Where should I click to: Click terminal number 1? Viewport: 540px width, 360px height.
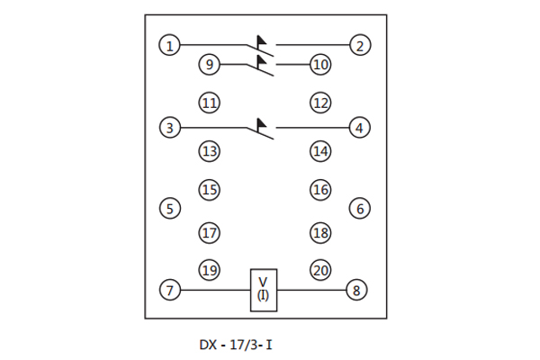pos(169,44)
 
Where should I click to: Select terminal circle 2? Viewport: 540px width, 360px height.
pos(359,44)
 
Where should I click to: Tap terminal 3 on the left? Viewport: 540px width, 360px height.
pos(169,128)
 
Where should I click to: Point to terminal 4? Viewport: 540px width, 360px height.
pos(359,128)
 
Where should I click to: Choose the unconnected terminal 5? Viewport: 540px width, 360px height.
pos(169,209)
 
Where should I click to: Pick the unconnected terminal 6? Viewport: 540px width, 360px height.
pos(359,209)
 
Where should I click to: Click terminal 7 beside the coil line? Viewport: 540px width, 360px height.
pos(169,291)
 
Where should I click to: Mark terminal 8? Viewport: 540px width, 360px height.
pos(356,291)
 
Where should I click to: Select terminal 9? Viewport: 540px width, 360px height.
pos(209,65)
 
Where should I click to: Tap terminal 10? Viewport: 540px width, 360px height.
pos(320,65)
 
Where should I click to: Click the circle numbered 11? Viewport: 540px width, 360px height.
pos(209,103)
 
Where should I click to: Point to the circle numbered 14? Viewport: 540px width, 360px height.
pos(320,151)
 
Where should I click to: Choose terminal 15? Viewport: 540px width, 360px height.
pos(209,190)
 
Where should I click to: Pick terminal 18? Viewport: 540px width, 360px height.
pos(320,233)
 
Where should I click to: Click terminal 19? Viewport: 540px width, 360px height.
pos(209,270)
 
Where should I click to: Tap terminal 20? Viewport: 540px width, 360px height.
pos(320,270)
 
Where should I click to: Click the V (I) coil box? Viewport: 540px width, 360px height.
pos(264,290)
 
